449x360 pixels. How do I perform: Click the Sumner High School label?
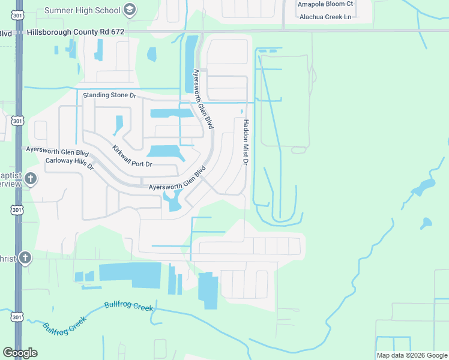pos(83,10)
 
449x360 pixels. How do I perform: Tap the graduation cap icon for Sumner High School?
pos(130,10)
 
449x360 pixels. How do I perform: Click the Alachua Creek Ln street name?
pos(325,17)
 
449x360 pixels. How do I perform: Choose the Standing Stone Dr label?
pos(110,95)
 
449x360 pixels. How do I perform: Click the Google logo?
pos(20,353)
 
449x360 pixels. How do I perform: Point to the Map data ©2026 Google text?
pos(411,355)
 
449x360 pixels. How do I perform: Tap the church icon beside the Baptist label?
pos(31,179)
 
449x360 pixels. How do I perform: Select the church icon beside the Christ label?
pos(25,258)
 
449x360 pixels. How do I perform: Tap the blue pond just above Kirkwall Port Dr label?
pos(163,152)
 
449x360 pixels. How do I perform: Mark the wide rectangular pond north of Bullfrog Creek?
pos(130,271)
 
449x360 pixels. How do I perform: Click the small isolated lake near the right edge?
pos(426,223)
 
